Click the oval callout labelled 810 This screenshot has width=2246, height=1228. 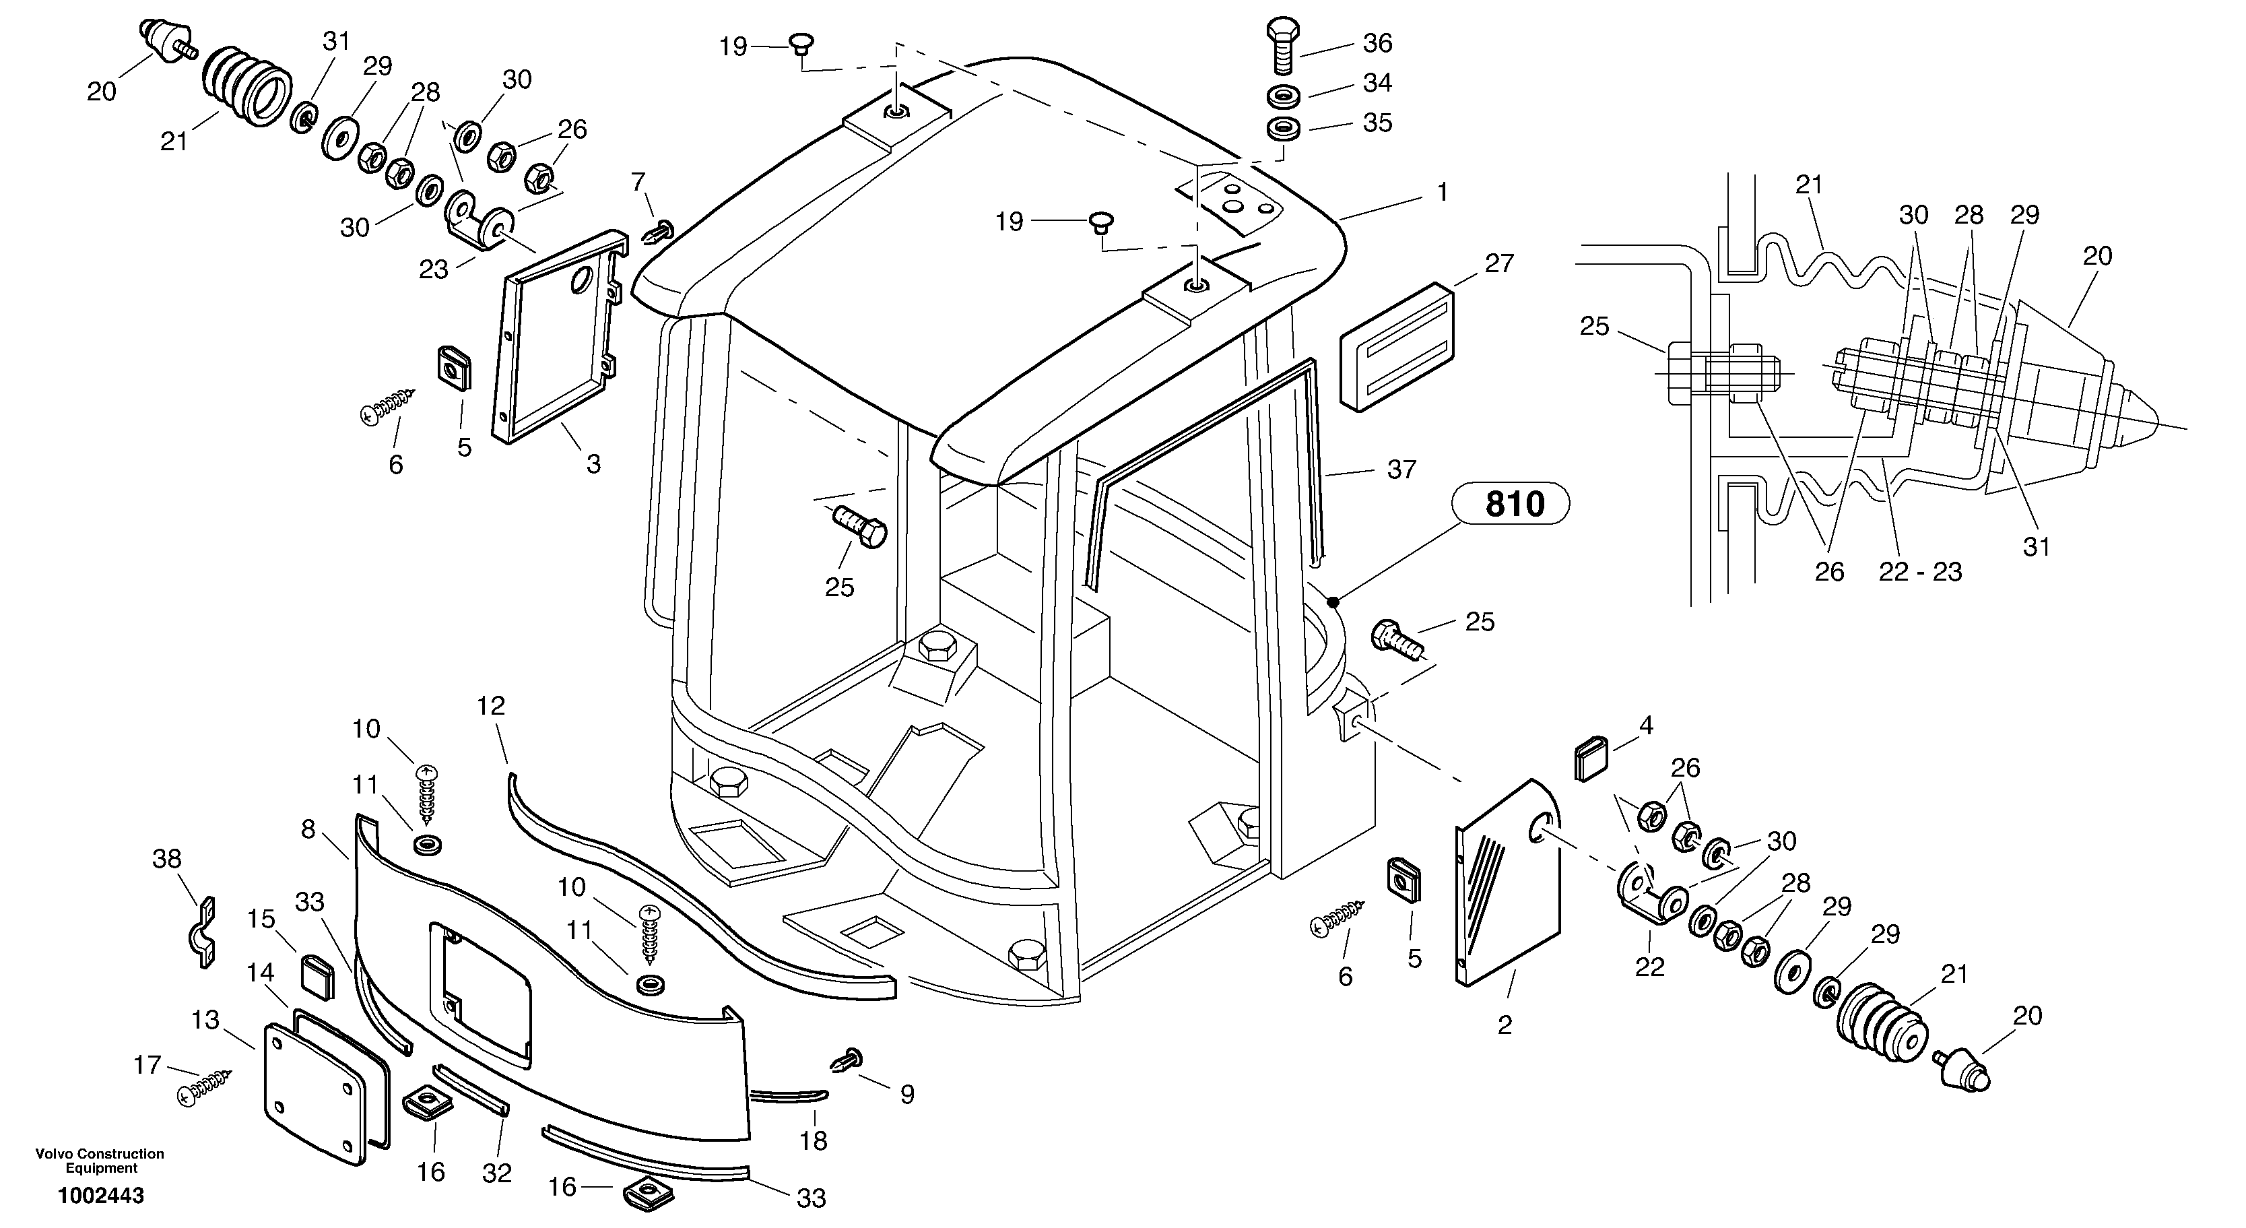tap(1514, 504)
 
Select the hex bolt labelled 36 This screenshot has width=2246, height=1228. tap(1280, 44)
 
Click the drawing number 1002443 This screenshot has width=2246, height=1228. tap(101, 1196)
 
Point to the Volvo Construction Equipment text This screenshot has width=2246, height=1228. tap(100, 1160)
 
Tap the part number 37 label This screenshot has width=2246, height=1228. tap(1401, 470)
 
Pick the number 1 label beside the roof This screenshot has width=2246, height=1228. tap(1442, 192)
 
